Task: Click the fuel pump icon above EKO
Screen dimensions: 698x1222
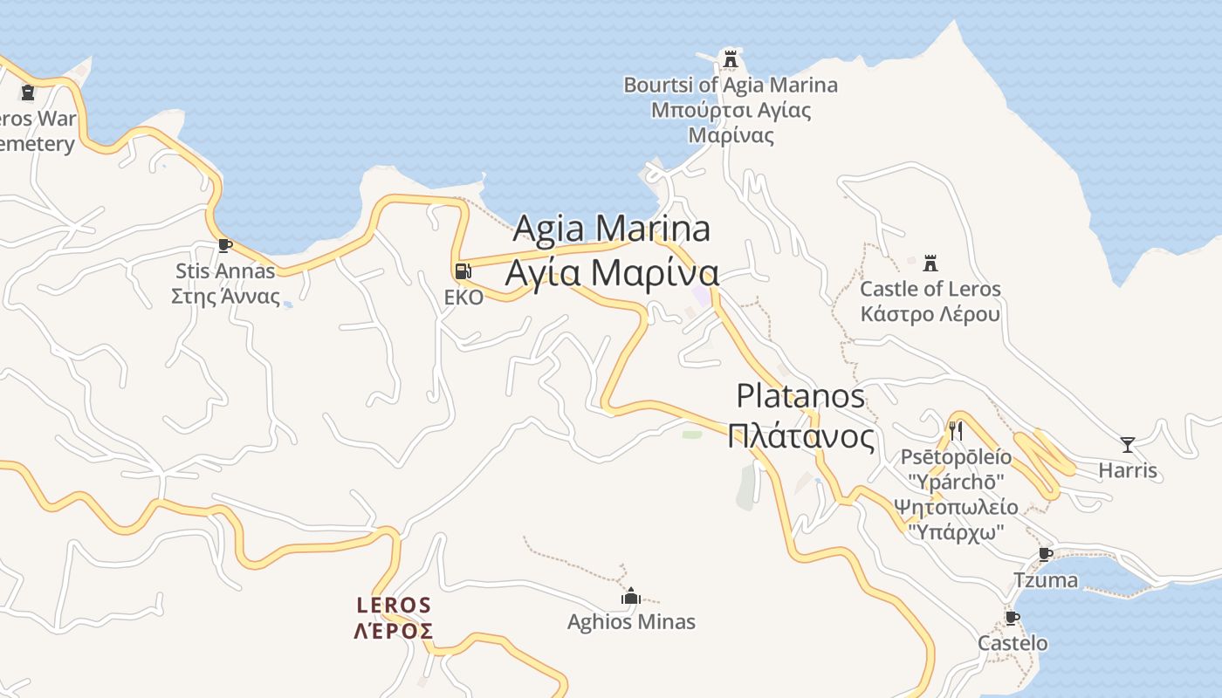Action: [463, 271]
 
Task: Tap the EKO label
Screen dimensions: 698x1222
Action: [463, 298]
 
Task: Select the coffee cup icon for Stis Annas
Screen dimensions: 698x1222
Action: [224, 245]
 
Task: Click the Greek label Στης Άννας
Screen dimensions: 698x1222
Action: [225, 296]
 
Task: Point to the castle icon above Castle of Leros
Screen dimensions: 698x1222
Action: [930, 263]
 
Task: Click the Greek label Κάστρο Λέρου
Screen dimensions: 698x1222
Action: [930, 314]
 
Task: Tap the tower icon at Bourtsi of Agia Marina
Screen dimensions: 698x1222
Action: [731, 59]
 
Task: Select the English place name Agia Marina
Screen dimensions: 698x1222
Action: [611, 229]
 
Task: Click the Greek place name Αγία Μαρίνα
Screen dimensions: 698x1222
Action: [612, 272]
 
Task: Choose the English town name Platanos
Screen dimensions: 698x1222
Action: [800, 396]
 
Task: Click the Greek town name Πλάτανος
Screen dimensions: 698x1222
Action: [800, 435]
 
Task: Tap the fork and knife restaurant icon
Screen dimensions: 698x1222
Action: [956, 430]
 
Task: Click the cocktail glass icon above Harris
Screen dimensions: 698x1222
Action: [1128, 445]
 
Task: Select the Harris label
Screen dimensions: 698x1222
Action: [1128, 471]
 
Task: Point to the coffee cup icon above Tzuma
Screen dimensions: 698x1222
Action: [1045, 554]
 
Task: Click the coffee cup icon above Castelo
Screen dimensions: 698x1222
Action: [1012, 618]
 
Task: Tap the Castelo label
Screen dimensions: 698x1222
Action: [1013, 644]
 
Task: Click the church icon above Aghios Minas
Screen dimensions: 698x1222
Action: [631, 597]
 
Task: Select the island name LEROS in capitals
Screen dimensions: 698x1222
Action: [394, 605]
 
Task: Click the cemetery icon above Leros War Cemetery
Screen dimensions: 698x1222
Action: [28, 92]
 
